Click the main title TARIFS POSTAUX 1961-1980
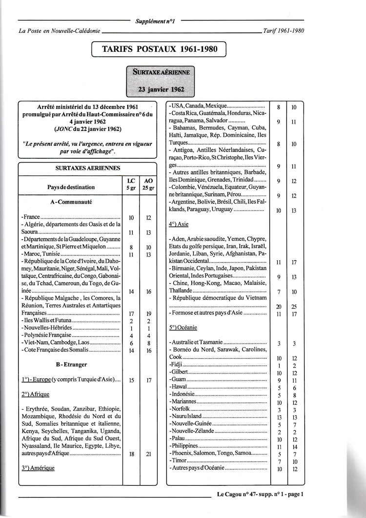tap(159, 50)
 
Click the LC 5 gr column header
tap(131, 184)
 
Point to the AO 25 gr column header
tap(149, 184)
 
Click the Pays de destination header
tap(71, 187)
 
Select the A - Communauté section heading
tap(71, 201)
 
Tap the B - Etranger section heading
tap(71, 364)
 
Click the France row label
tap(31, 217)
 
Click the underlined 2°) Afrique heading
tap(35, 394)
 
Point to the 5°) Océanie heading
tap(182, 328)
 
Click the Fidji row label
tap(175, 365)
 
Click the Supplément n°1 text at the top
tap(157, 21)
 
